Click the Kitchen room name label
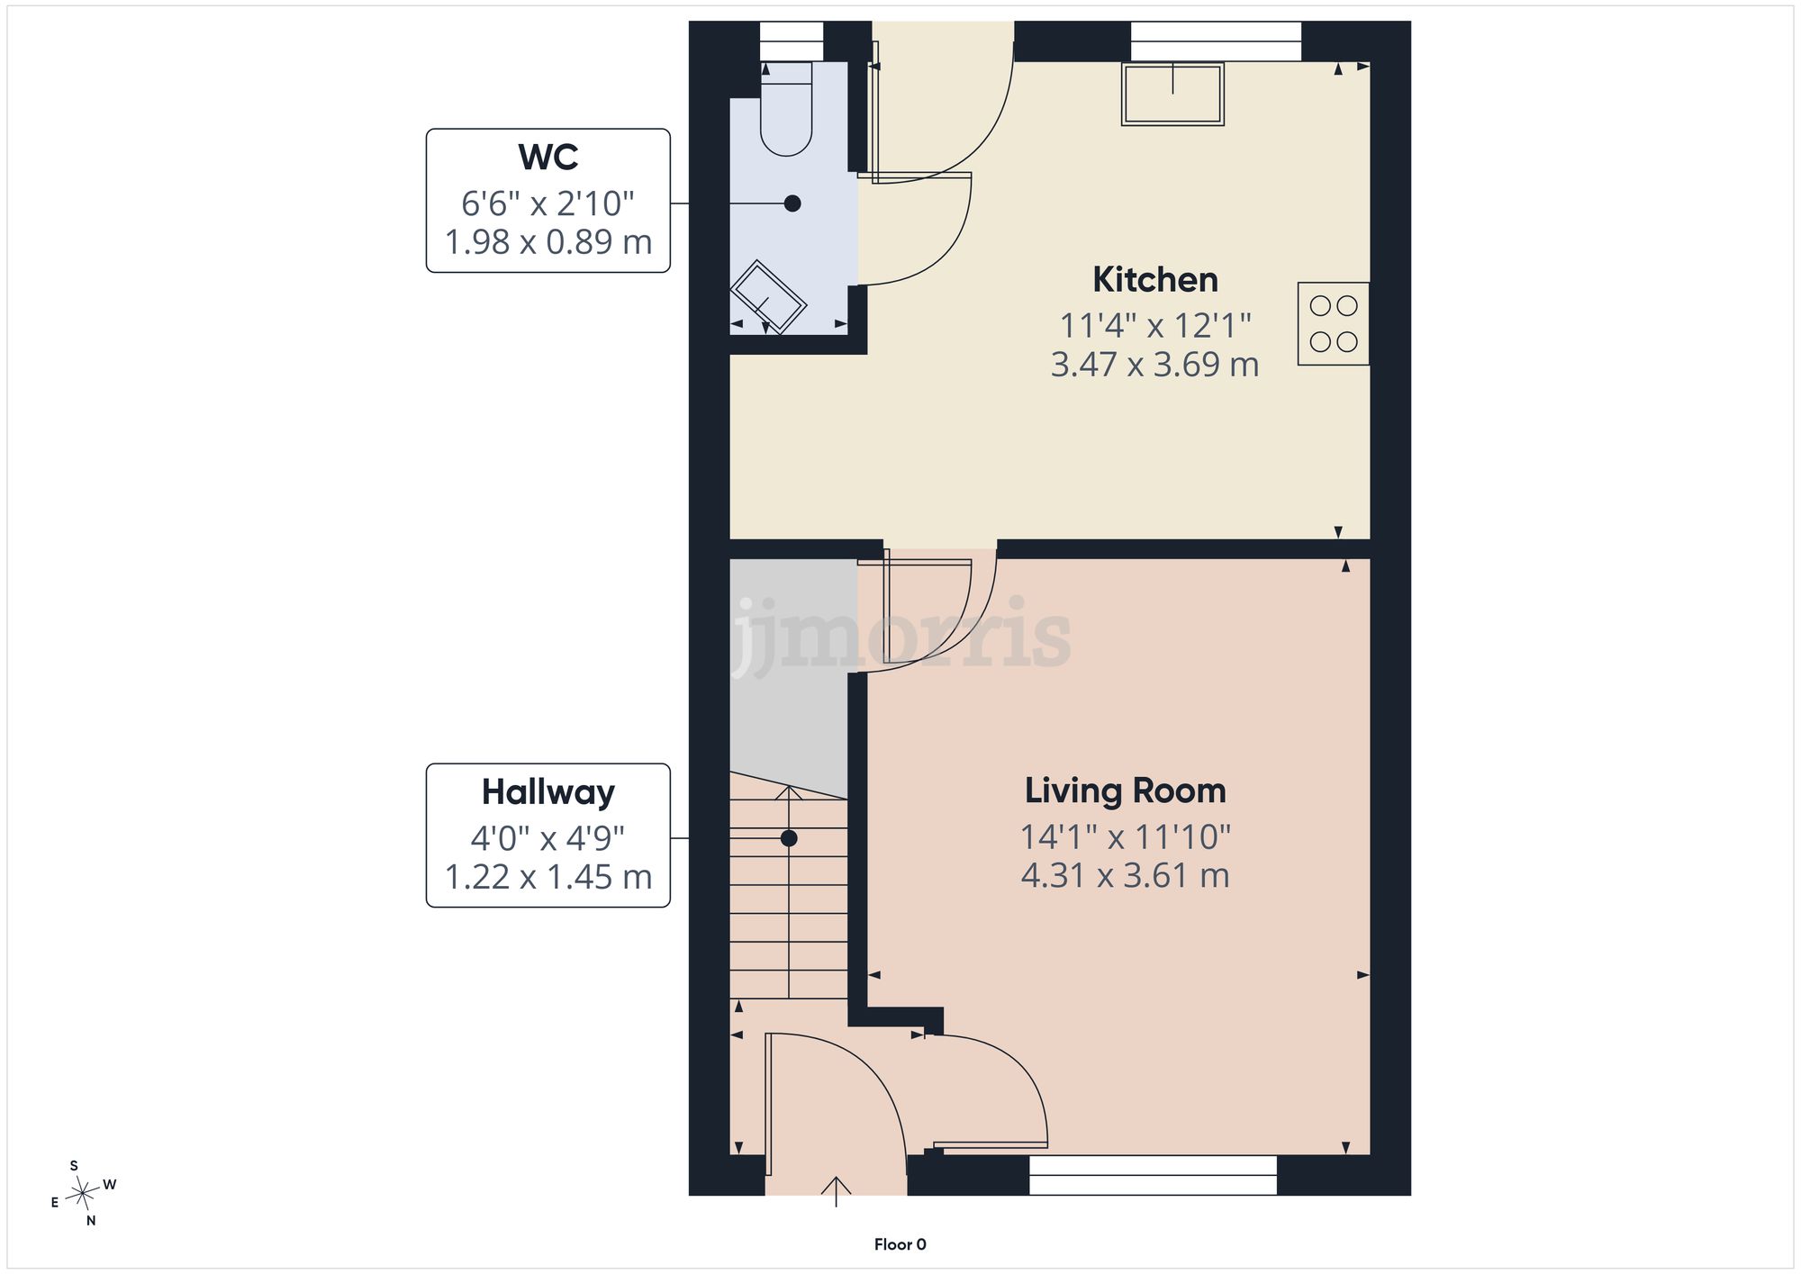[x=1155, y=280]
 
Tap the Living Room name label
[x=1126, y=791]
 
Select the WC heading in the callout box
[x=548, y=158]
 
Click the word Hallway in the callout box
[x=548, y=792]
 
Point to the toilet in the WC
[x=786, y=109]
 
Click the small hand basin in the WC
[x=768, y=297]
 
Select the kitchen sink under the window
[x=1172, y=94]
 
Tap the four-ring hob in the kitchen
[x=1334, y=324]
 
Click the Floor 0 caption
[x=900, y=1244]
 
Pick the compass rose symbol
[x=83, y=1194]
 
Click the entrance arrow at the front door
[x=837, y=1191]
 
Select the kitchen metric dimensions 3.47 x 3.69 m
[x=1155, y=365]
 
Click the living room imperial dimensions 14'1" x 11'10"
[x=1126, y=837]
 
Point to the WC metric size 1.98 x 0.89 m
[x=548, y=242]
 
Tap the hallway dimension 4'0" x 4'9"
[x=548, y=839]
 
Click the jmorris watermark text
[x=900, y=635]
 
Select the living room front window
[x=1153, y=1176]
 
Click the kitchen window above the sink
[x=1216, y=41]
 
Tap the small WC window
[x=792, y=41]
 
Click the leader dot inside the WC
[x=792, y=203]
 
